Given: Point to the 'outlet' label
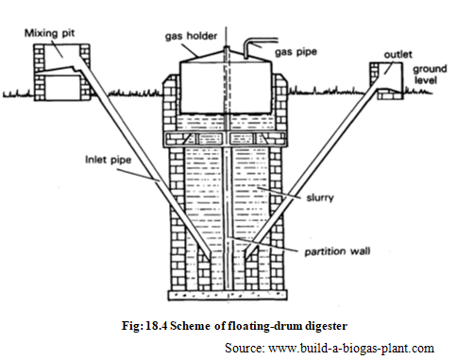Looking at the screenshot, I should click(398, 53).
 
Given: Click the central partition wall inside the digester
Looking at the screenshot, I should click(228, 217).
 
